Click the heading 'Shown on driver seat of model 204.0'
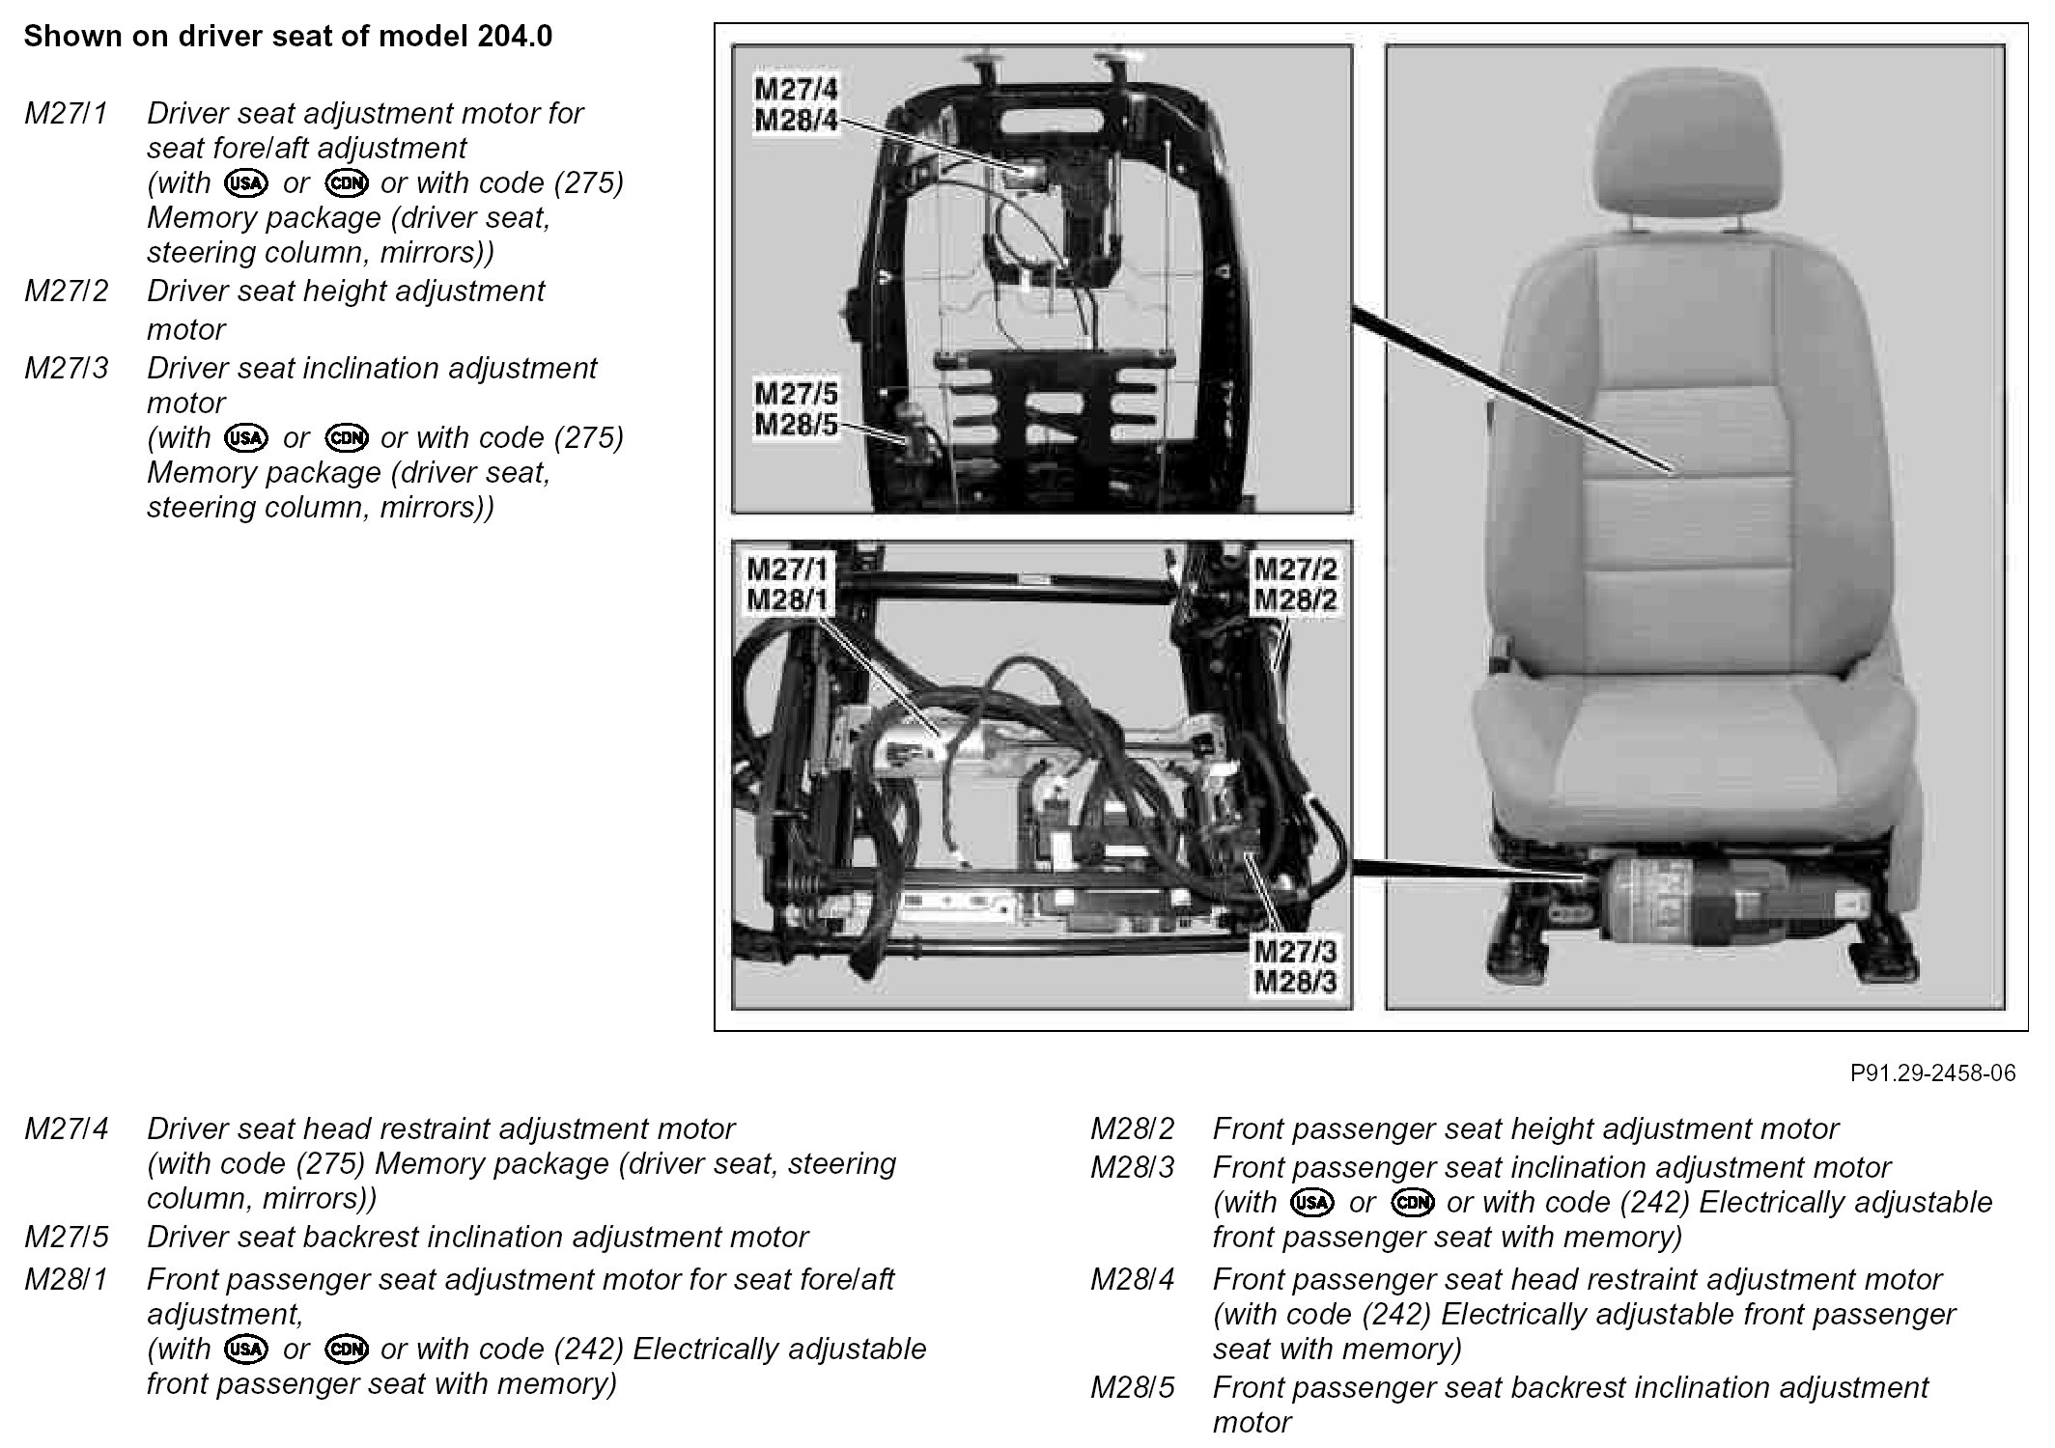pyautogui.click(x=288, y=37)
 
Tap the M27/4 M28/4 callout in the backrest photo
pyautogui.click(x=796, y=105)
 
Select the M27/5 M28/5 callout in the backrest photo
pyautogui.click(x=796, y=409)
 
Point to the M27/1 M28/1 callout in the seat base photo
pyautogui.click(x=788, y=584)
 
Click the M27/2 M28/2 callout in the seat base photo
pyautogui.click(x=1295, y=584)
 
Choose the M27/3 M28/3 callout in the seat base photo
pyautogui.click(x=1295, y=966)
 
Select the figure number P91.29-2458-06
pyautogui.click(x=1932, y=1073)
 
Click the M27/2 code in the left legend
pyautogui.click(x=66, y=291)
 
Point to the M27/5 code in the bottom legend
pyautogui.click(x=66, y=1237)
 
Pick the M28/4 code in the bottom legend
pyautogui.click(x=1132, y=1279)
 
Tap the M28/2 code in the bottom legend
pyautogui.click(x=1132, y=1128)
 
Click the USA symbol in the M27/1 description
pyautogui.click(x=246, y=183)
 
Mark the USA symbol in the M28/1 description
pyautogui.click(x=246, y=1350)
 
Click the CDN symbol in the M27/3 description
pyautogui.click(x=347, y=438)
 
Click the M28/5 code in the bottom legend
pyautogui.click(x=1132, y=1387)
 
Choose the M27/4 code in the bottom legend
pyautogui.click(x=66, y=1128)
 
